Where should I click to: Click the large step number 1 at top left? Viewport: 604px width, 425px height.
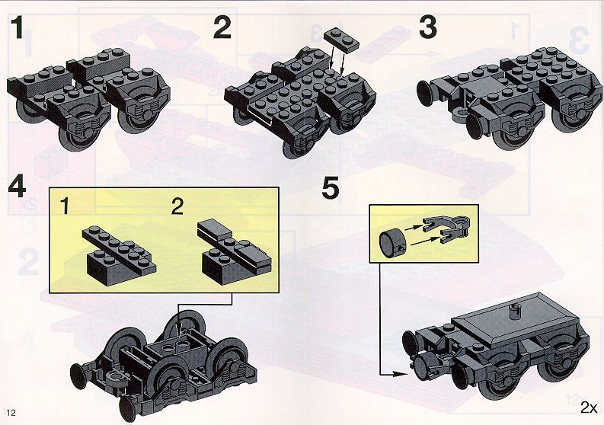tap(17, 27)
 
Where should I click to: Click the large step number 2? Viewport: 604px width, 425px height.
tap(222, 27)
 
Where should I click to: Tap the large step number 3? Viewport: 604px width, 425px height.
tap(428, 27)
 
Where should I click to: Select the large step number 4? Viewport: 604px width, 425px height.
tap(17, 187)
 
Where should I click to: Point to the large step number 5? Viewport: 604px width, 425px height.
tap(331, 187)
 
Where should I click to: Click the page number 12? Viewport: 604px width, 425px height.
tap(11, 413)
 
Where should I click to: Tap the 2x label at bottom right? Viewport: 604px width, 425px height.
tap(589, 407)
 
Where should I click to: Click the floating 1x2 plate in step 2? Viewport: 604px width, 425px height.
tap(342, 40)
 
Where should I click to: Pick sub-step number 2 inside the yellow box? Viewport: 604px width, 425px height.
tap(177, 207)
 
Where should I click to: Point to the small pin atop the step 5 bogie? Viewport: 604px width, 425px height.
tap(513, 311)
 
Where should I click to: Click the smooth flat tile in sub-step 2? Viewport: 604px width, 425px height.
tap(214, 229)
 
